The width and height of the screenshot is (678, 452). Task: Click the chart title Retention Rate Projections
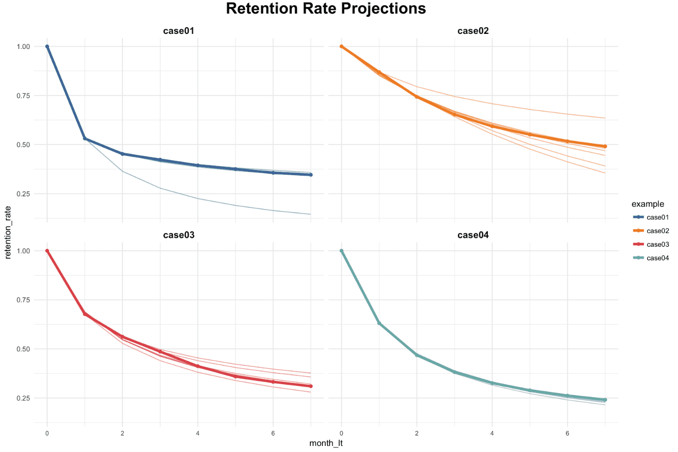326,8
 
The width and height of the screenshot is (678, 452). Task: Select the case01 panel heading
178,31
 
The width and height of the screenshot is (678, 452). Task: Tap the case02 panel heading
473,31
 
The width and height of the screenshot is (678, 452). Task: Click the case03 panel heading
178,235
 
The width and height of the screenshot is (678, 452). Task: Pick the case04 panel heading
473,235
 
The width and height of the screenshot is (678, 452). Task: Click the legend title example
648,204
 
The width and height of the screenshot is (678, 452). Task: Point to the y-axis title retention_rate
8,232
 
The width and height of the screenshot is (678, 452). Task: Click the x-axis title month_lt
326,443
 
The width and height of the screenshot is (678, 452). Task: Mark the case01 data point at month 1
85,138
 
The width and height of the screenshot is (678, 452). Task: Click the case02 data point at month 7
605,146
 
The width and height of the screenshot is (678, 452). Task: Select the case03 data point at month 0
47,250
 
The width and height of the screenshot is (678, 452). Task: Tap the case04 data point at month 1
379,323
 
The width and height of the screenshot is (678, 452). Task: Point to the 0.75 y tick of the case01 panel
24,96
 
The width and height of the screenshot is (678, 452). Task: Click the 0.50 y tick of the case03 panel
24,349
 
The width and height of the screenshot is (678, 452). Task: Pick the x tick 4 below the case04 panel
492,433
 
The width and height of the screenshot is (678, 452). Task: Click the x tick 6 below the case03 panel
273,433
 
